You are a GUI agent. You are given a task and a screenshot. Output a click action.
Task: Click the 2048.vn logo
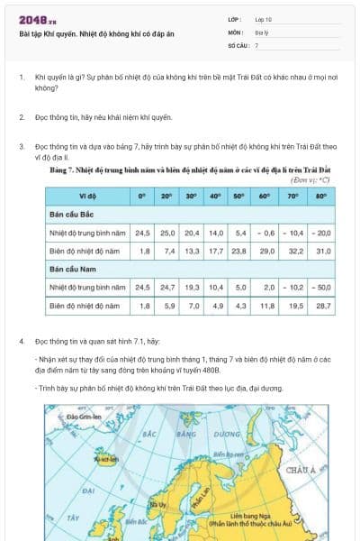pyautogui.click(x=37, y=19)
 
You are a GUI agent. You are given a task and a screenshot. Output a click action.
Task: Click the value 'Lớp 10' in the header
pyautogui.click(x=264, y=19)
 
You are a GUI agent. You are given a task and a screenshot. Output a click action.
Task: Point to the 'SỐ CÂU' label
pyautogui.click(x=237, y=44)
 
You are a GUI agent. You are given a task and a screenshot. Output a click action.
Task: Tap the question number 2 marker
pyautogui.click(x=21, y=117)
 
